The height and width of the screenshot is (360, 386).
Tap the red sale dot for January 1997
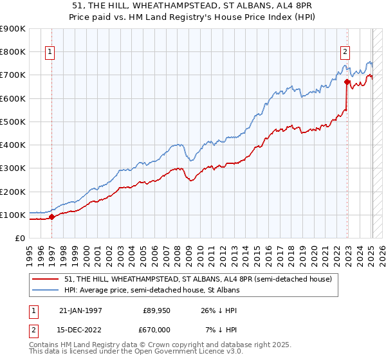(52, 217)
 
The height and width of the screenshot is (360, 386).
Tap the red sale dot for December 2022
(347, 82)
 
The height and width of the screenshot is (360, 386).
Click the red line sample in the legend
(46, 279)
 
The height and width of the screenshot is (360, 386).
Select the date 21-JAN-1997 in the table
(82, 310)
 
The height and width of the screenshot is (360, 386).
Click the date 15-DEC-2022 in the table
(82, 330)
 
